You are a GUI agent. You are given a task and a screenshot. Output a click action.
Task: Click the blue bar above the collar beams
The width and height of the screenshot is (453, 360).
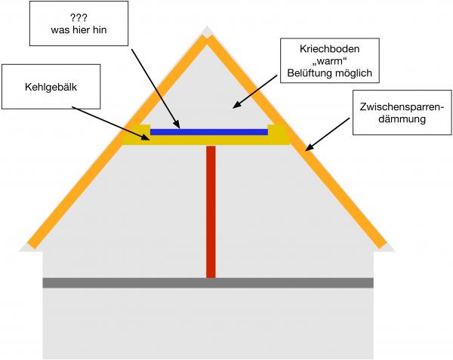pyautogui.click(x=209, y=132)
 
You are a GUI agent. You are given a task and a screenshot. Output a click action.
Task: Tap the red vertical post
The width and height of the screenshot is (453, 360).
pyautogui.click(x=211, y=212)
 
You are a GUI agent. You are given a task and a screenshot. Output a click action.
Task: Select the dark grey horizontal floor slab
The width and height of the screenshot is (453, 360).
pyautogui.click(x=208, y=283)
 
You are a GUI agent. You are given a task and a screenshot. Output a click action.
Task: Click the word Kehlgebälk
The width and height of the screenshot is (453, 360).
pyautogui.click(x=51, y=88)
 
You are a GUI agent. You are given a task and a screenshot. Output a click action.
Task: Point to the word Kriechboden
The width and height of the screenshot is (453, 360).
pyautogui.click(x=330, y=48)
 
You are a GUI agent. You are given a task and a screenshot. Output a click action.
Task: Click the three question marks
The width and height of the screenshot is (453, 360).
pyautogui.click(x=79, y=18)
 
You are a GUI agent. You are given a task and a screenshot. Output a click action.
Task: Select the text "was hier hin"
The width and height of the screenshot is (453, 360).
pyautogui.click(x=79, y=29)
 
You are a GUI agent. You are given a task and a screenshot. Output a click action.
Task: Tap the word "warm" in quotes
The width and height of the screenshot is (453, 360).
pyautogui.click(x=330, y=61)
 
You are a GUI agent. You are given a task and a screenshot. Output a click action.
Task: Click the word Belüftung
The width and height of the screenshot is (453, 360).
pyautogui.click(x=310, y=73)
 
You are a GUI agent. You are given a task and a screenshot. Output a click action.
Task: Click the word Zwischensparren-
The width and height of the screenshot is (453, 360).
pyautogui.click(x=402, y=107)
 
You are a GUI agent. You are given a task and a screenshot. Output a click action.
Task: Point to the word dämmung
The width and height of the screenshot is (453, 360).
pyautogui.click(x=402, y=119)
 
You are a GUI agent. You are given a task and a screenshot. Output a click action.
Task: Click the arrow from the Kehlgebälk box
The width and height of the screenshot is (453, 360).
pyautogui.click(x=111, y=123)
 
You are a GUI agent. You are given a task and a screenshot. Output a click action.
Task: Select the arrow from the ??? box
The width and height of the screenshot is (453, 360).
pyautogui.click(x=156, y=88)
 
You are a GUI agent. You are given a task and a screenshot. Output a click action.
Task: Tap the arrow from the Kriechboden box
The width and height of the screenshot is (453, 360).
pyautogui.click(x=255, y=92)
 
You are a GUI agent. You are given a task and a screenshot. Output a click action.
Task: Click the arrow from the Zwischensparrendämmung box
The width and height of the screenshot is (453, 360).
pyautogui.click(x=328, y=134)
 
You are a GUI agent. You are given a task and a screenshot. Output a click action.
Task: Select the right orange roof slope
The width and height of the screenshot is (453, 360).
pyautogui.click(x=297, y=141)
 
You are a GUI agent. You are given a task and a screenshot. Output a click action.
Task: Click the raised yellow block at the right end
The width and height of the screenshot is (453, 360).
pyautogui.click(x=279, y=134)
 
